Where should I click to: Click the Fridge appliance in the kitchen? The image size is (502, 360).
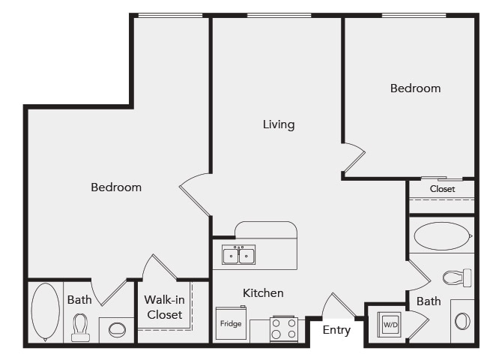coord(230,324)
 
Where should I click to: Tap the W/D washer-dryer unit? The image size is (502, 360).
coord(390,325)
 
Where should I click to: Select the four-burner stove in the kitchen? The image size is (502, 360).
coord(283,328)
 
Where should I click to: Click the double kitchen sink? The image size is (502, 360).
coord(238,255)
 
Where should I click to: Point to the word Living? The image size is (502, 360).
coord(278,124)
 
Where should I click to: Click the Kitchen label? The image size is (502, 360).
coord(262,292)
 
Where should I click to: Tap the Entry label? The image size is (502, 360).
coord(336,330)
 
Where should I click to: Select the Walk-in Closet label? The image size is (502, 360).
coord(164,307)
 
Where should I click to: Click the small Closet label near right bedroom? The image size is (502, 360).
coord(442,189)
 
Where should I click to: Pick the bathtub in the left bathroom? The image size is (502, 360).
coord(45,311)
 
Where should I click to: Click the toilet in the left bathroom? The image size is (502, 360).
coord(80,327)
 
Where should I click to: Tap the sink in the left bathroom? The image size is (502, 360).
coord(117,329)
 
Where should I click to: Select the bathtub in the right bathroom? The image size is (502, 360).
coord(442,236)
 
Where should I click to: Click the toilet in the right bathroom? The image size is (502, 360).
coord(456,277)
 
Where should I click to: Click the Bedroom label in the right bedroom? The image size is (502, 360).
coord(415,88)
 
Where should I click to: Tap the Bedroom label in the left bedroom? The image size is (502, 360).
coord(116,187)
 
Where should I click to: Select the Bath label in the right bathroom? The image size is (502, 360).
coord(429,301)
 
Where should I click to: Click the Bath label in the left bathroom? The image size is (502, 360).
coord(79,300)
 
